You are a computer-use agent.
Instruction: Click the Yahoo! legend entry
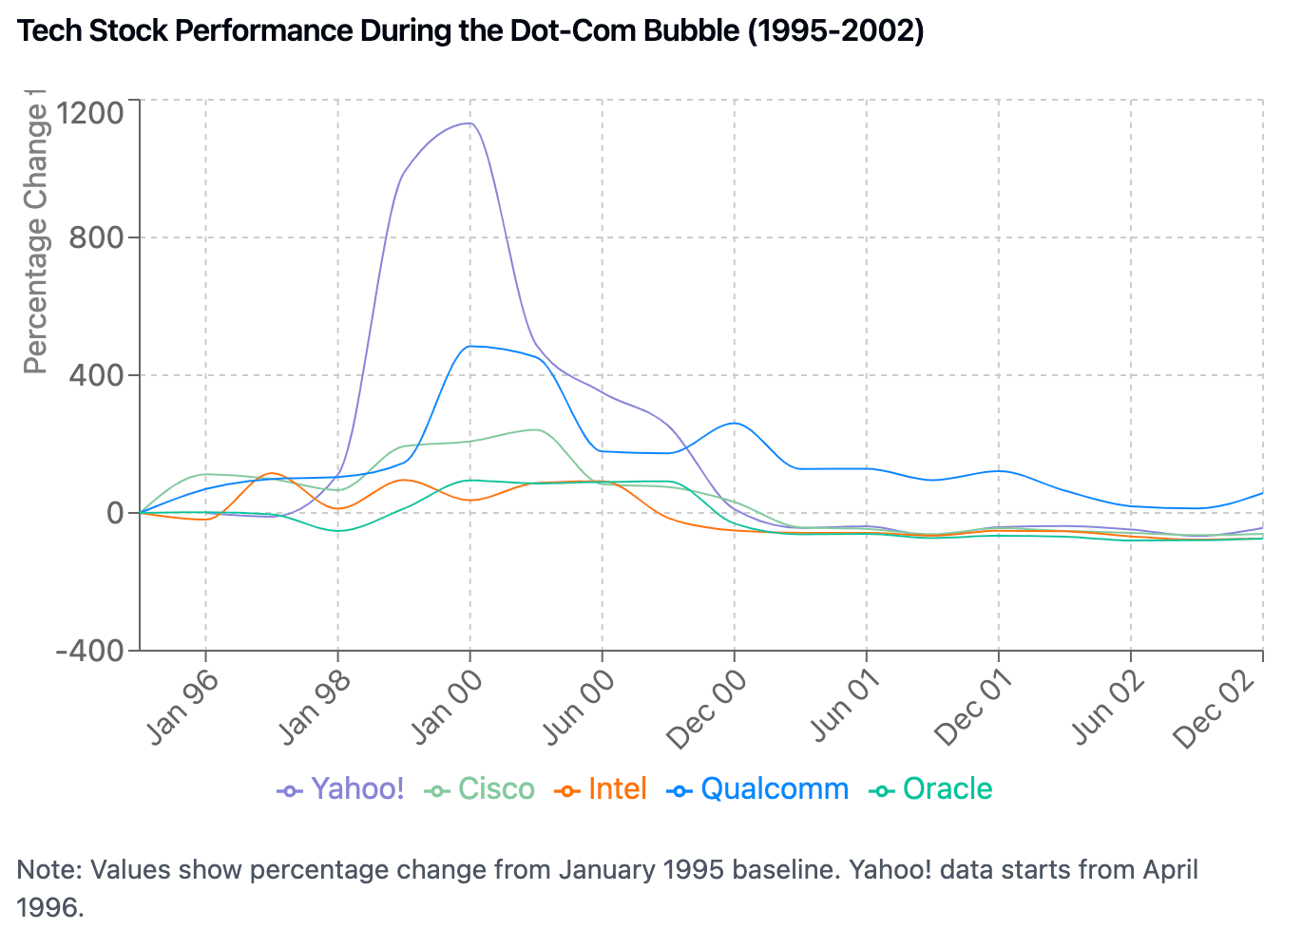(341, 789)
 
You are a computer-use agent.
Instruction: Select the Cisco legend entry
(481, 789)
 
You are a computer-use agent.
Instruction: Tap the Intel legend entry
(601, 789)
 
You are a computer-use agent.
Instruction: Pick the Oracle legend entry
(931, 789)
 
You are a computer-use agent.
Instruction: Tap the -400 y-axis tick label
(90, 651)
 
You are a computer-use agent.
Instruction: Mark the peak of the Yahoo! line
(469, 123)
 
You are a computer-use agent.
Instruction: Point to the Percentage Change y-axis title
(35, 237)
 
